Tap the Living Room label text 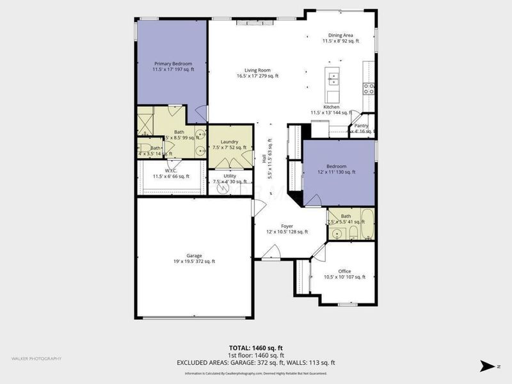click(x=257, y=73)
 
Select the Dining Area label click(x=340, y=38)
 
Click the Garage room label click(x=194, y=258)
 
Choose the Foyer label click(x=287, y=228)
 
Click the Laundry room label click(x=229, y=145)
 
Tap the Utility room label click(x=230, y=178)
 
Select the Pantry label click(x=361, y=128)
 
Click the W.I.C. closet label click(x=170, y=173)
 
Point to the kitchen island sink click(x=333, y=79)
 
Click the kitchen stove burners click(x=369, y=89)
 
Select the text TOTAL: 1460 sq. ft click(x=255, y=348)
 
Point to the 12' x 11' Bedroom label click(x=337, y=169)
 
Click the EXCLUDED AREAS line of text click(x=255, y=362)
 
